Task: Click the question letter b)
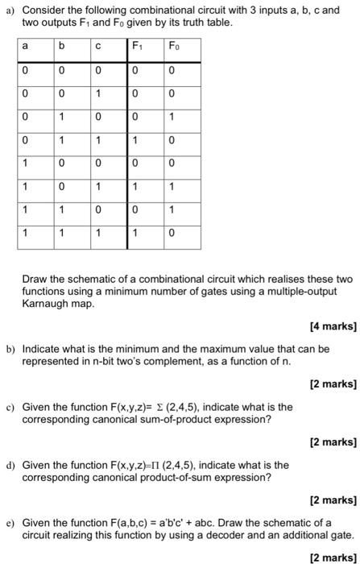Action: (10, 349)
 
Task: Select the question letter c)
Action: (10, 407)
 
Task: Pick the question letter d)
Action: (10, 465)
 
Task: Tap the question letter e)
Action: (10, 523)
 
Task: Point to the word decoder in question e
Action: (240, 534)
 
